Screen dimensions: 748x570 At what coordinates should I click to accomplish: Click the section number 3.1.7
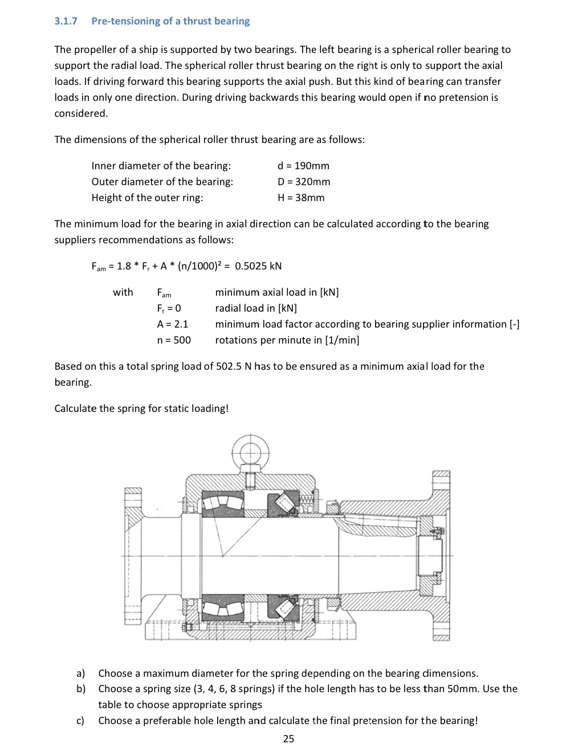click(66, 21)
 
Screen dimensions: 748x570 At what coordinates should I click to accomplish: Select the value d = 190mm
click(303, 166)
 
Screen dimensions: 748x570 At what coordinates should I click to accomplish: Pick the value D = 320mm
click(304, 182)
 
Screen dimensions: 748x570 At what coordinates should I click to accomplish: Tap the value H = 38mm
click(301, 198)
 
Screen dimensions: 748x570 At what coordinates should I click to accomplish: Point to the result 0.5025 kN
click(258, 266)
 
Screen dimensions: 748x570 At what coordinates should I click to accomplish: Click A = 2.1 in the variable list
click(173, 324)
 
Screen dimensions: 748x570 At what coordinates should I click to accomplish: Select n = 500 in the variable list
click(174, 340)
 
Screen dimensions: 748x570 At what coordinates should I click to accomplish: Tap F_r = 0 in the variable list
click(169, 308)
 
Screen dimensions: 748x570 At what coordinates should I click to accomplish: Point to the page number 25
click(288, 739)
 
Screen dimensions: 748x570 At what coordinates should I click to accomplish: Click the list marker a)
click(81, 673)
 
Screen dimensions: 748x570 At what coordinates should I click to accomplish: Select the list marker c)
click(80, 721)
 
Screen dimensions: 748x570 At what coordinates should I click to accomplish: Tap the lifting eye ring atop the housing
click(250, 453)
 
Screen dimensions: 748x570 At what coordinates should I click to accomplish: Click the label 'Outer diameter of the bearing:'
click(162, 182)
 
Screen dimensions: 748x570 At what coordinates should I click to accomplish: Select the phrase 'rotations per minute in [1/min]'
click(287, 340)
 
